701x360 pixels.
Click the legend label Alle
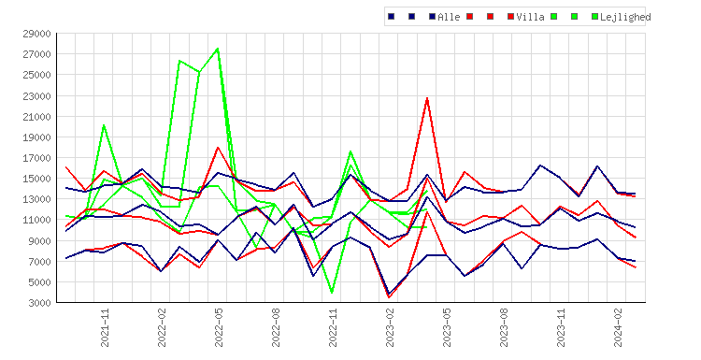coord(449,17)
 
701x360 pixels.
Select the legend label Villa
coord(530,17)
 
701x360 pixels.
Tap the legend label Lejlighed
coord(625,17)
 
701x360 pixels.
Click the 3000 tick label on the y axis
coord(41,303)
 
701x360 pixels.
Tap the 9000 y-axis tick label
coord(41,241)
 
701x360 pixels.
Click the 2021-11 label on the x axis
coord(105,327)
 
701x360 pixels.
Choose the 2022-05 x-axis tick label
coord(219,327)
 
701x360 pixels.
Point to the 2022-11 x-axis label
coord(333,327)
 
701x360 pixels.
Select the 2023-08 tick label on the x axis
coord(504,327)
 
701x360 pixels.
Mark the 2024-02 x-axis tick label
coord(618,327)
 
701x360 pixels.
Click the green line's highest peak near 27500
coord(218,49)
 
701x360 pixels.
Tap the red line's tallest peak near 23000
coord(427,98)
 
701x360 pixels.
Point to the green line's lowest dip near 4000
coord(332,293)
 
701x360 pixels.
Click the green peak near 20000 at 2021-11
coord(104,125)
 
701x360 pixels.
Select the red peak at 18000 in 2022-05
coord(218,147)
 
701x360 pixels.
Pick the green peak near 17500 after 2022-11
coord(350,151)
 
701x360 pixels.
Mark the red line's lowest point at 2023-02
coord(389,297)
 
